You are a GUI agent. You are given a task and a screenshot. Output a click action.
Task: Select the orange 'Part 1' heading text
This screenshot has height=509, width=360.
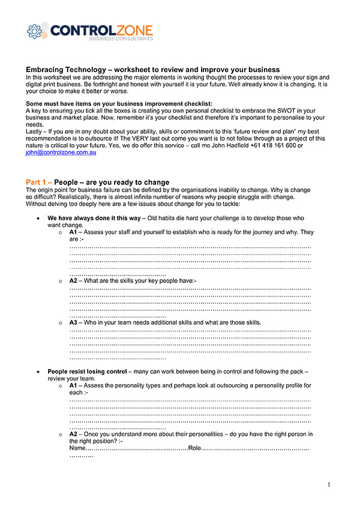tap(38, 182)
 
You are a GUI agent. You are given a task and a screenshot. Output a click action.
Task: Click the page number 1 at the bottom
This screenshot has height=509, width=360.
tap(329, 484)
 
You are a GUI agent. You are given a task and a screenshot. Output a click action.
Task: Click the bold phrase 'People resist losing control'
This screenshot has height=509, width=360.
tap(87, 372)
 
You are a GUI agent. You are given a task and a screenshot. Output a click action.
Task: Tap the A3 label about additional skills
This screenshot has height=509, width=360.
tap(73, 322)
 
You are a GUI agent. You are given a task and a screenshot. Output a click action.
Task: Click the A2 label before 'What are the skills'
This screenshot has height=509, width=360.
tap(73, 280)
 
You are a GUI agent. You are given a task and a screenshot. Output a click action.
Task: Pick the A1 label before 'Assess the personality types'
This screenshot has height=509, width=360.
tap(73, 385)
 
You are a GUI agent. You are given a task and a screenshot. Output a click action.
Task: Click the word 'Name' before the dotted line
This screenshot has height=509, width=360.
tap(77, 448)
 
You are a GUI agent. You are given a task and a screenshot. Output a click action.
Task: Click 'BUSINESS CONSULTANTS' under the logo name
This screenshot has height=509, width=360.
tap(121, 38)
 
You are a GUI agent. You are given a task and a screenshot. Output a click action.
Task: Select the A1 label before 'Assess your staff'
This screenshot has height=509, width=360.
tap(73, 232)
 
